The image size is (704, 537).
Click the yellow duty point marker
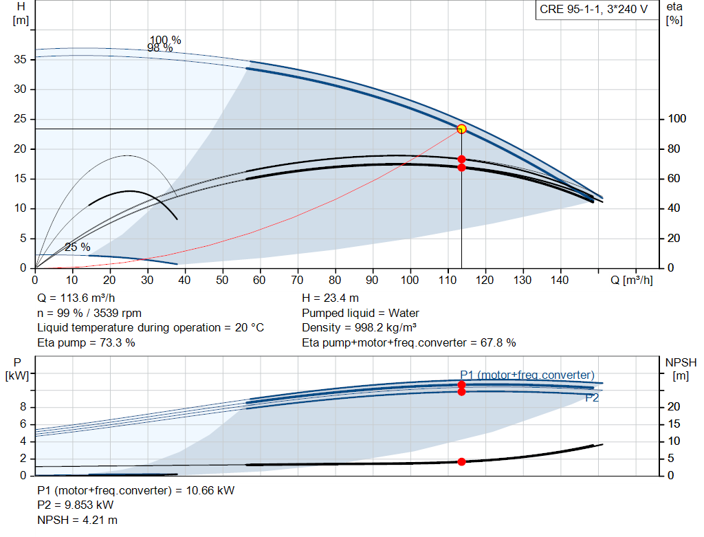pos(461,129)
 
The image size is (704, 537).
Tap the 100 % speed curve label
pos(165,40)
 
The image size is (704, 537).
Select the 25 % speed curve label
pos(78,247)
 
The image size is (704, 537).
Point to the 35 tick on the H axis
pos(20,59)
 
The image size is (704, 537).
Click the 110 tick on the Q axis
pos(447,280)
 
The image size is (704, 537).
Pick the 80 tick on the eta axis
pos(674,149)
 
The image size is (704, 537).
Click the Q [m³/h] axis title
pos(632,280)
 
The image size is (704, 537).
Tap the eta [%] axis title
pos(674,14)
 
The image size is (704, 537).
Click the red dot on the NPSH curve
pos(461,461)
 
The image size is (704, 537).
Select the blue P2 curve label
pos(592,398)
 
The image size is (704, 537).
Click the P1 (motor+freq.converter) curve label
pos(527,375)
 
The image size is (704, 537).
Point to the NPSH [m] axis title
pos(681,369)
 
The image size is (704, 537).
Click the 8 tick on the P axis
pos(23,407)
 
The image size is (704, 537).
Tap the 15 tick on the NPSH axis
pos(674,424)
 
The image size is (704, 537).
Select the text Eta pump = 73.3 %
pos(86,342)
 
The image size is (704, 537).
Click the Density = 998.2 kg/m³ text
pos(359,328)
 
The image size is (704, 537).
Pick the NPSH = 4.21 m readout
pos(77,520)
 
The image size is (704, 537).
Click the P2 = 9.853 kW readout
pos(76,505)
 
